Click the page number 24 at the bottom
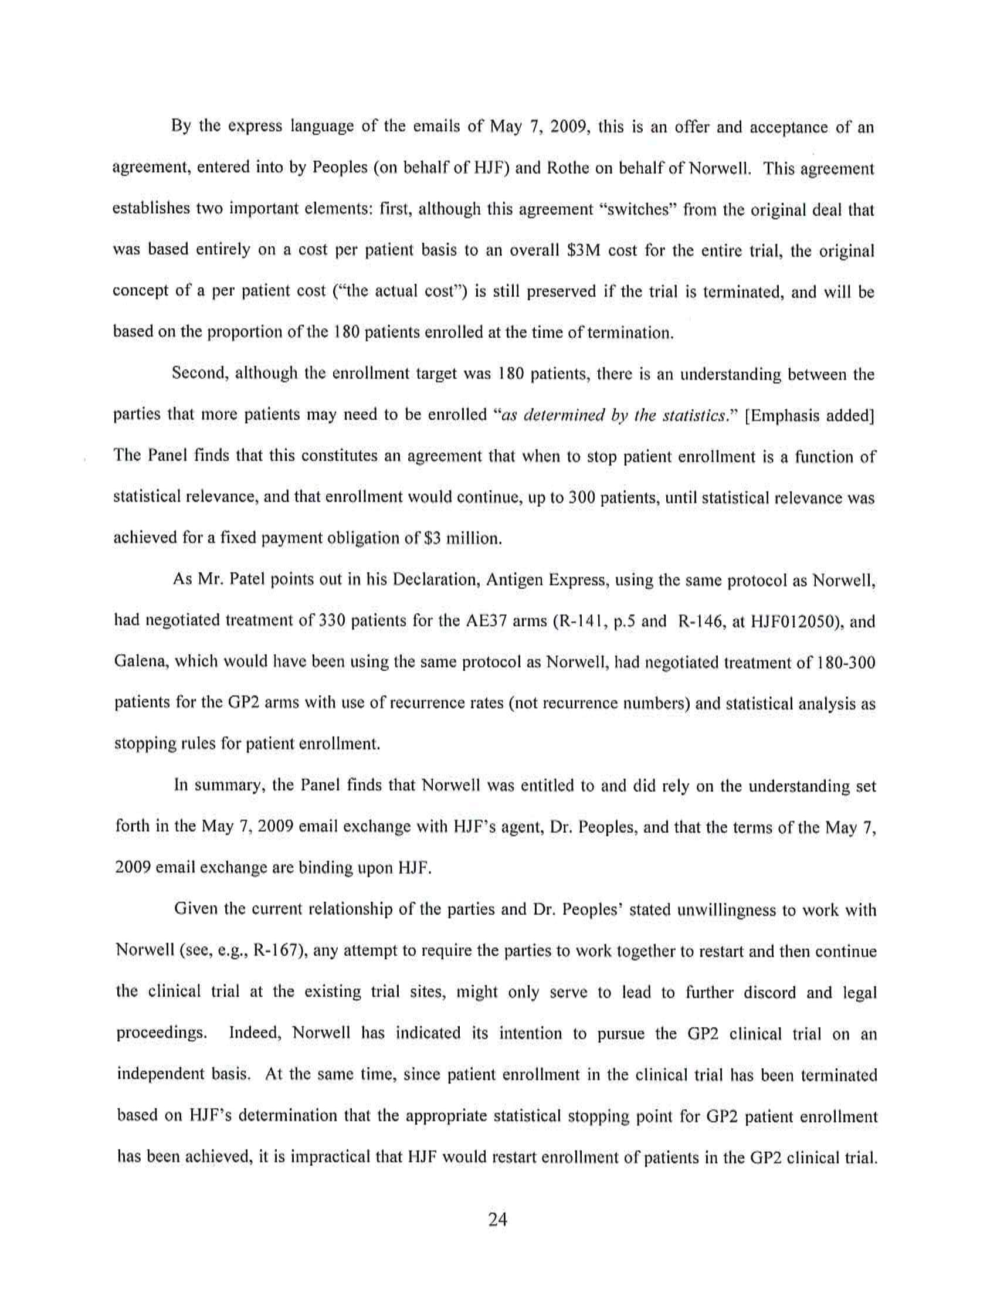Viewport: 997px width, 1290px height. (498, 1218)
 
